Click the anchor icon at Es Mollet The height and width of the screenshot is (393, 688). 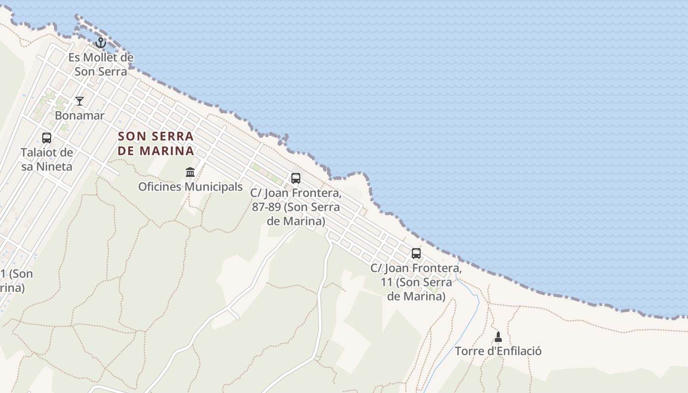[x=101, y=43]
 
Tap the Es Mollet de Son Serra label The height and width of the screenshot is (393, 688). [x=101, y=64]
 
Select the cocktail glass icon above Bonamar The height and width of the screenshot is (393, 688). [x=80, y=101]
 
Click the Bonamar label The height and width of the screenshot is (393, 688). [x=80, y=116]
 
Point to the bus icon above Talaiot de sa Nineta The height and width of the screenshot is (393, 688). [x=47, y=138]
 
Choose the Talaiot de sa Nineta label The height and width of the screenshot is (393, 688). [x=47, y=160]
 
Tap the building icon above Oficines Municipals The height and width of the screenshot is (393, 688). [x=190, y=172]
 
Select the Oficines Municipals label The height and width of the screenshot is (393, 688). [x=190, y=187]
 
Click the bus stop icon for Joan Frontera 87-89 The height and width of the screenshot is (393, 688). [x=296, y=178]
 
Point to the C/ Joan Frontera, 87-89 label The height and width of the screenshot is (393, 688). [x=296, y=207]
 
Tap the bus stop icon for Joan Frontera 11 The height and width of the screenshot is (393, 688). [x=416, y=253]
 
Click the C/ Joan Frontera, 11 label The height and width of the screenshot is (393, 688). [x=416, y=282]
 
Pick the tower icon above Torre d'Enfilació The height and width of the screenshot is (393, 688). [x=498, y=337]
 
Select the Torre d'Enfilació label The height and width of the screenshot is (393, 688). [x=498, y=352]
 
